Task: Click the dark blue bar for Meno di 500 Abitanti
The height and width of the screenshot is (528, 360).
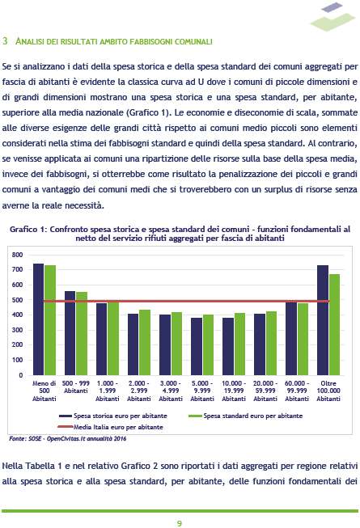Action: coord(38,319)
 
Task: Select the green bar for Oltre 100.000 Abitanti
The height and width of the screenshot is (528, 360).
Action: coord(334,324)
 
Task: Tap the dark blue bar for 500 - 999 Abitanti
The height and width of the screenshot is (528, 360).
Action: coord(70,333)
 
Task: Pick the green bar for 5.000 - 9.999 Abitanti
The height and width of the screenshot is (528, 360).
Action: coord(208,344)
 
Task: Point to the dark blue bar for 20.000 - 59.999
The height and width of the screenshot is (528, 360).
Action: coord(260,344)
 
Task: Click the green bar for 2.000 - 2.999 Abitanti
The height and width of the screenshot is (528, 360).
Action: coord(145,343)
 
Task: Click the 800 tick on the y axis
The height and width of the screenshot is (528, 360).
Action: coord(18,255)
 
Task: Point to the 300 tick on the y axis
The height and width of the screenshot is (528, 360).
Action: coord(18,330)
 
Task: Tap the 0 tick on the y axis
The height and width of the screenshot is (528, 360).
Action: coord(21,375)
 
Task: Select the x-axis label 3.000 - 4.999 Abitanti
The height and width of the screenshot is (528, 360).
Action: coord(171,391)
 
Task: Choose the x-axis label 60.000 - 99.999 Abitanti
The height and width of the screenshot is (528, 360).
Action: coord(297,391)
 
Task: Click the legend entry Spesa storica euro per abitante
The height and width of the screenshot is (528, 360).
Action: coord(113,416)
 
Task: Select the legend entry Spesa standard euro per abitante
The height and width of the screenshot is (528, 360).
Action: coord(245,416)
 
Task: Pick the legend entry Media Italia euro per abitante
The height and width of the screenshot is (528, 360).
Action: coord(111,427)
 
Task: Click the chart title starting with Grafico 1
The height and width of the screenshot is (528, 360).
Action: coord(180,234)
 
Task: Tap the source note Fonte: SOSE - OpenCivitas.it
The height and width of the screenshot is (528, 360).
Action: coord(68,438)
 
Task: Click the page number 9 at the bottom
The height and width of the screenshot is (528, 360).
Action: coord(180,523)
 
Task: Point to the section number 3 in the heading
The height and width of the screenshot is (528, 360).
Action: coord(5,41)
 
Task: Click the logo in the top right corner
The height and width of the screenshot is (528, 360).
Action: coord(332,16)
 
